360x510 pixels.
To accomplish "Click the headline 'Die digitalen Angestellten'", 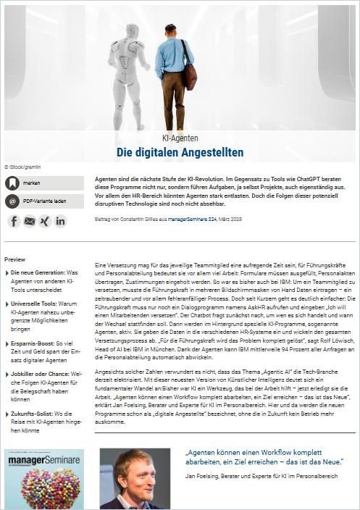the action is click(180, 152).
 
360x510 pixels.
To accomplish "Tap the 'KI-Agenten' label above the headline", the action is click(180, 138).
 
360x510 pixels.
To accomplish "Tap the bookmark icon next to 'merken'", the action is click(12, 183).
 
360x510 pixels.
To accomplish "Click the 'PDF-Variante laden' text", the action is click(45, 201).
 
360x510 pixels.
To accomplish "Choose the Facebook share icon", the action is click(14, 221).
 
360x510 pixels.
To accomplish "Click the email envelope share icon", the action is click(29, 221).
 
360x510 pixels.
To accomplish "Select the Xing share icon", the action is click(44, 221).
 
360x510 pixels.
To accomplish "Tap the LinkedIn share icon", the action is click(60, 221).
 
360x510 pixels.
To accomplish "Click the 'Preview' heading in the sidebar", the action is click(15, 259).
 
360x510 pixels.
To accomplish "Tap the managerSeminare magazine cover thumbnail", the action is click(44, 479).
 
